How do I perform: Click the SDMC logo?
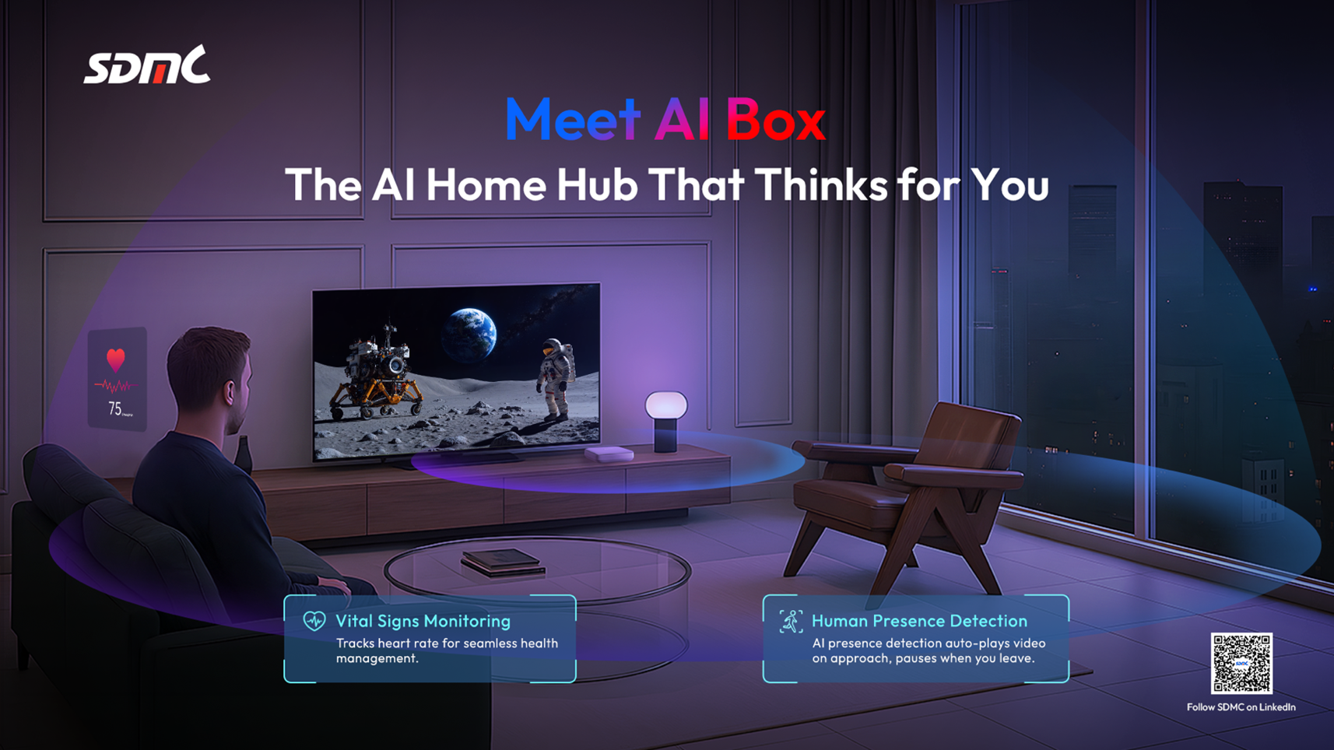[x=146, y=65]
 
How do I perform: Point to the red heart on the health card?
[x=115, y=359]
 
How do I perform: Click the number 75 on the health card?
[x=115, y=408]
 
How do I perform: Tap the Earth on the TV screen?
[x=469, y=335]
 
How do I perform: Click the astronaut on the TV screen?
[x=556, y=379]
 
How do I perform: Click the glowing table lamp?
[x=665, y=422]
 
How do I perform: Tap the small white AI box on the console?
[x=609, y=454]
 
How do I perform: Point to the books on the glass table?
[x=504, y=562]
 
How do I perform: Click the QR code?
[x=1241, y=663]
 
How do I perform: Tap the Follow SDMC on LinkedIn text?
[x=1241, y=707]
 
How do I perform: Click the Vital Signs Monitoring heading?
[x=423, y=621]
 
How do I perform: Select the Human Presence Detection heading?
[x=919, y=621]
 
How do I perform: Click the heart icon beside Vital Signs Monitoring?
[x=314, y=621]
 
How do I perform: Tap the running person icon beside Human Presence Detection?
[x=791, y=622]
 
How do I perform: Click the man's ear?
[x=230, y=392]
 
